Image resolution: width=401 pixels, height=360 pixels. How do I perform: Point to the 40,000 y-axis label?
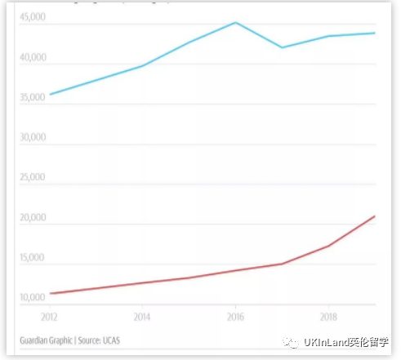(x=33, y=58)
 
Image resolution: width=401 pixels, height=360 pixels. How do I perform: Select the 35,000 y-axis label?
(x=33, y=98)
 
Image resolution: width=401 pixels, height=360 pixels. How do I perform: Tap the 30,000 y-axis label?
(x=33, y=138)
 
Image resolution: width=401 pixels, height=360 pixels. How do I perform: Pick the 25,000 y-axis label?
(x=33, y=178)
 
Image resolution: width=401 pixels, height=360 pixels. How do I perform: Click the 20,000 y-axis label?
(x=33, y=218)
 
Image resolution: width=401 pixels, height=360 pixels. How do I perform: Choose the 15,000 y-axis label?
(x=33, y=258)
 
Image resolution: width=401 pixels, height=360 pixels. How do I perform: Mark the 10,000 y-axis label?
(x=33, y=297)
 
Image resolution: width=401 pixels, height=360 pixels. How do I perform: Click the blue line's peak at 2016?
(x=235, y=22)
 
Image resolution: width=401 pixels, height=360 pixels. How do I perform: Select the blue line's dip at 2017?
(x=283, y=47)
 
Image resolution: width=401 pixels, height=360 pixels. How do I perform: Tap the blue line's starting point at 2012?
(x=50, y=95)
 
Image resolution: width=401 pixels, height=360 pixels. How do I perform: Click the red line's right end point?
(x=375, y=216)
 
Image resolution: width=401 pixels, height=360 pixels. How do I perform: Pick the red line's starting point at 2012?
(x=50, y=293)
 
